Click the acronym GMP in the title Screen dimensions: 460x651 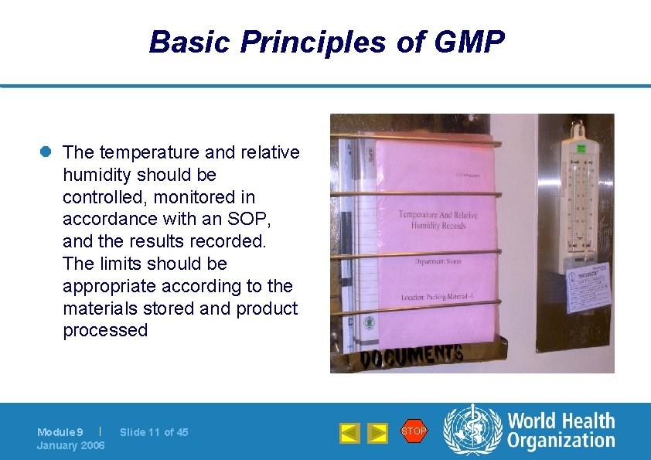coord(470,42)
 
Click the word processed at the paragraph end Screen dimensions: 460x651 coord(105,330)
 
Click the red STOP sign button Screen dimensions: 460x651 coord(414,431)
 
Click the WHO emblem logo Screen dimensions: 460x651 coord(472,431)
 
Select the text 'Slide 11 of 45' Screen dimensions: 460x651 coord(154,432)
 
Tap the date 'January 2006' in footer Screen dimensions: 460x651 coord(70,445)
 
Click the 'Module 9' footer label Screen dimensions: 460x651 coord(60,432)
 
